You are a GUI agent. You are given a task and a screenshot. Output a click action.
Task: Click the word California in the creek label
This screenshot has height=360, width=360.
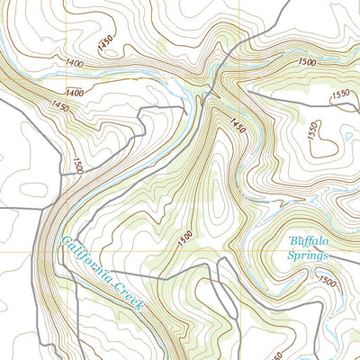[88, 261]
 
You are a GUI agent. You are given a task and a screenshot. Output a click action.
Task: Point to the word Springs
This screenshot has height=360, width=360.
[309, 255]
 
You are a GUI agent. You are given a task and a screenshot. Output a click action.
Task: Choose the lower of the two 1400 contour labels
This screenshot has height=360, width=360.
[74, 93]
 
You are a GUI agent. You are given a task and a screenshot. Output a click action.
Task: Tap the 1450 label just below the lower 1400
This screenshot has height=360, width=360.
[60, 106]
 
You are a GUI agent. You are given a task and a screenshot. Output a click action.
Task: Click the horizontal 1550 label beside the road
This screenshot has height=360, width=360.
[340, 94]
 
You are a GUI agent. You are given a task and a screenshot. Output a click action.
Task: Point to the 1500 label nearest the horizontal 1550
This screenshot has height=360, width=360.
[306, 62]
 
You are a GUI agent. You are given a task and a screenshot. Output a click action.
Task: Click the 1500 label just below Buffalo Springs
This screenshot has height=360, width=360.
[326, 283]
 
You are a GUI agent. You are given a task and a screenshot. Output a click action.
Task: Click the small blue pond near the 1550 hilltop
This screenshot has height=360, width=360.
[343, 138]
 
